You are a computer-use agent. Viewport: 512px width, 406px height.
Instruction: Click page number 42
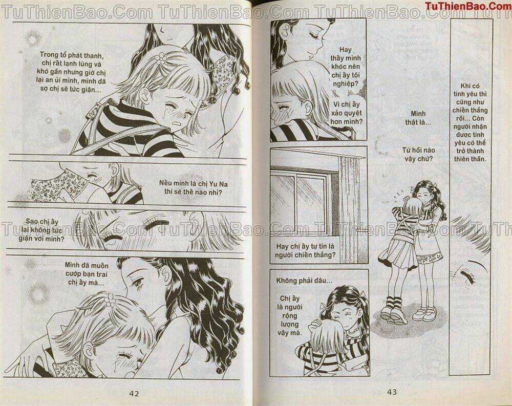pos(135,394)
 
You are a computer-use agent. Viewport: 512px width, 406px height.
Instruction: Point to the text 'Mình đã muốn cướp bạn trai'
pos(86,273)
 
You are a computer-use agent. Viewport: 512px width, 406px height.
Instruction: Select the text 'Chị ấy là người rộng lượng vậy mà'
pos(291,315)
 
